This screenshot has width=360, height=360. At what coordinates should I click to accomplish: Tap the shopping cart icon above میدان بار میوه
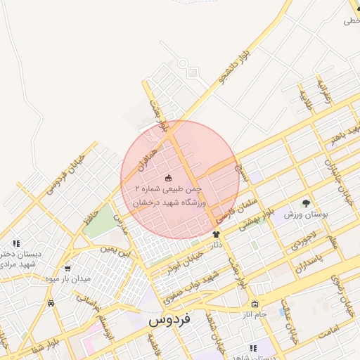pos(67,268)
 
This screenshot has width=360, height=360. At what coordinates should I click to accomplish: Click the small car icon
pos(51,303)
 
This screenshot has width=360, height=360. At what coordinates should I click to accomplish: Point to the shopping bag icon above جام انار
pos(254,304)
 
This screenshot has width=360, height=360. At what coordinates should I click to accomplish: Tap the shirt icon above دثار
pos(216,234)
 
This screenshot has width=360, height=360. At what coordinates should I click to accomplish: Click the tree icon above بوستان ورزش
pos(306,202)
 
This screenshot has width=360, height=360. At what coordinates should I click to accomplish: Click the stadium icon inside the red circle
pos(167,177)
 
